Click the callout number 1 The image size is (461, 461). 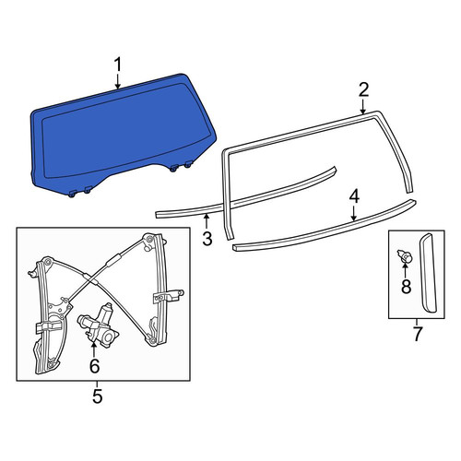[118, 65]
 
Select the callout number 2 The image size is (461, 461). [363, 90]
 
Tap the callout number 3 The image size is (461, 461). [207, 238]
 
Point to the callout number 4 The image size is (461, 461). [354, 196]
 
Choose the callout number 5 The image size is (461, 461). [97, 396]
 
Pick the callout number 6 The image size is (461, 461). [94, 366]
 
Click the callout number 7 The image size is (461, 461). [417, 335]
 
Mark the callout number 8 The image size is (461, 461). [406, 287]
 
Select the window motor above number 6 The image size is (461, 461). [99, 326]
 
